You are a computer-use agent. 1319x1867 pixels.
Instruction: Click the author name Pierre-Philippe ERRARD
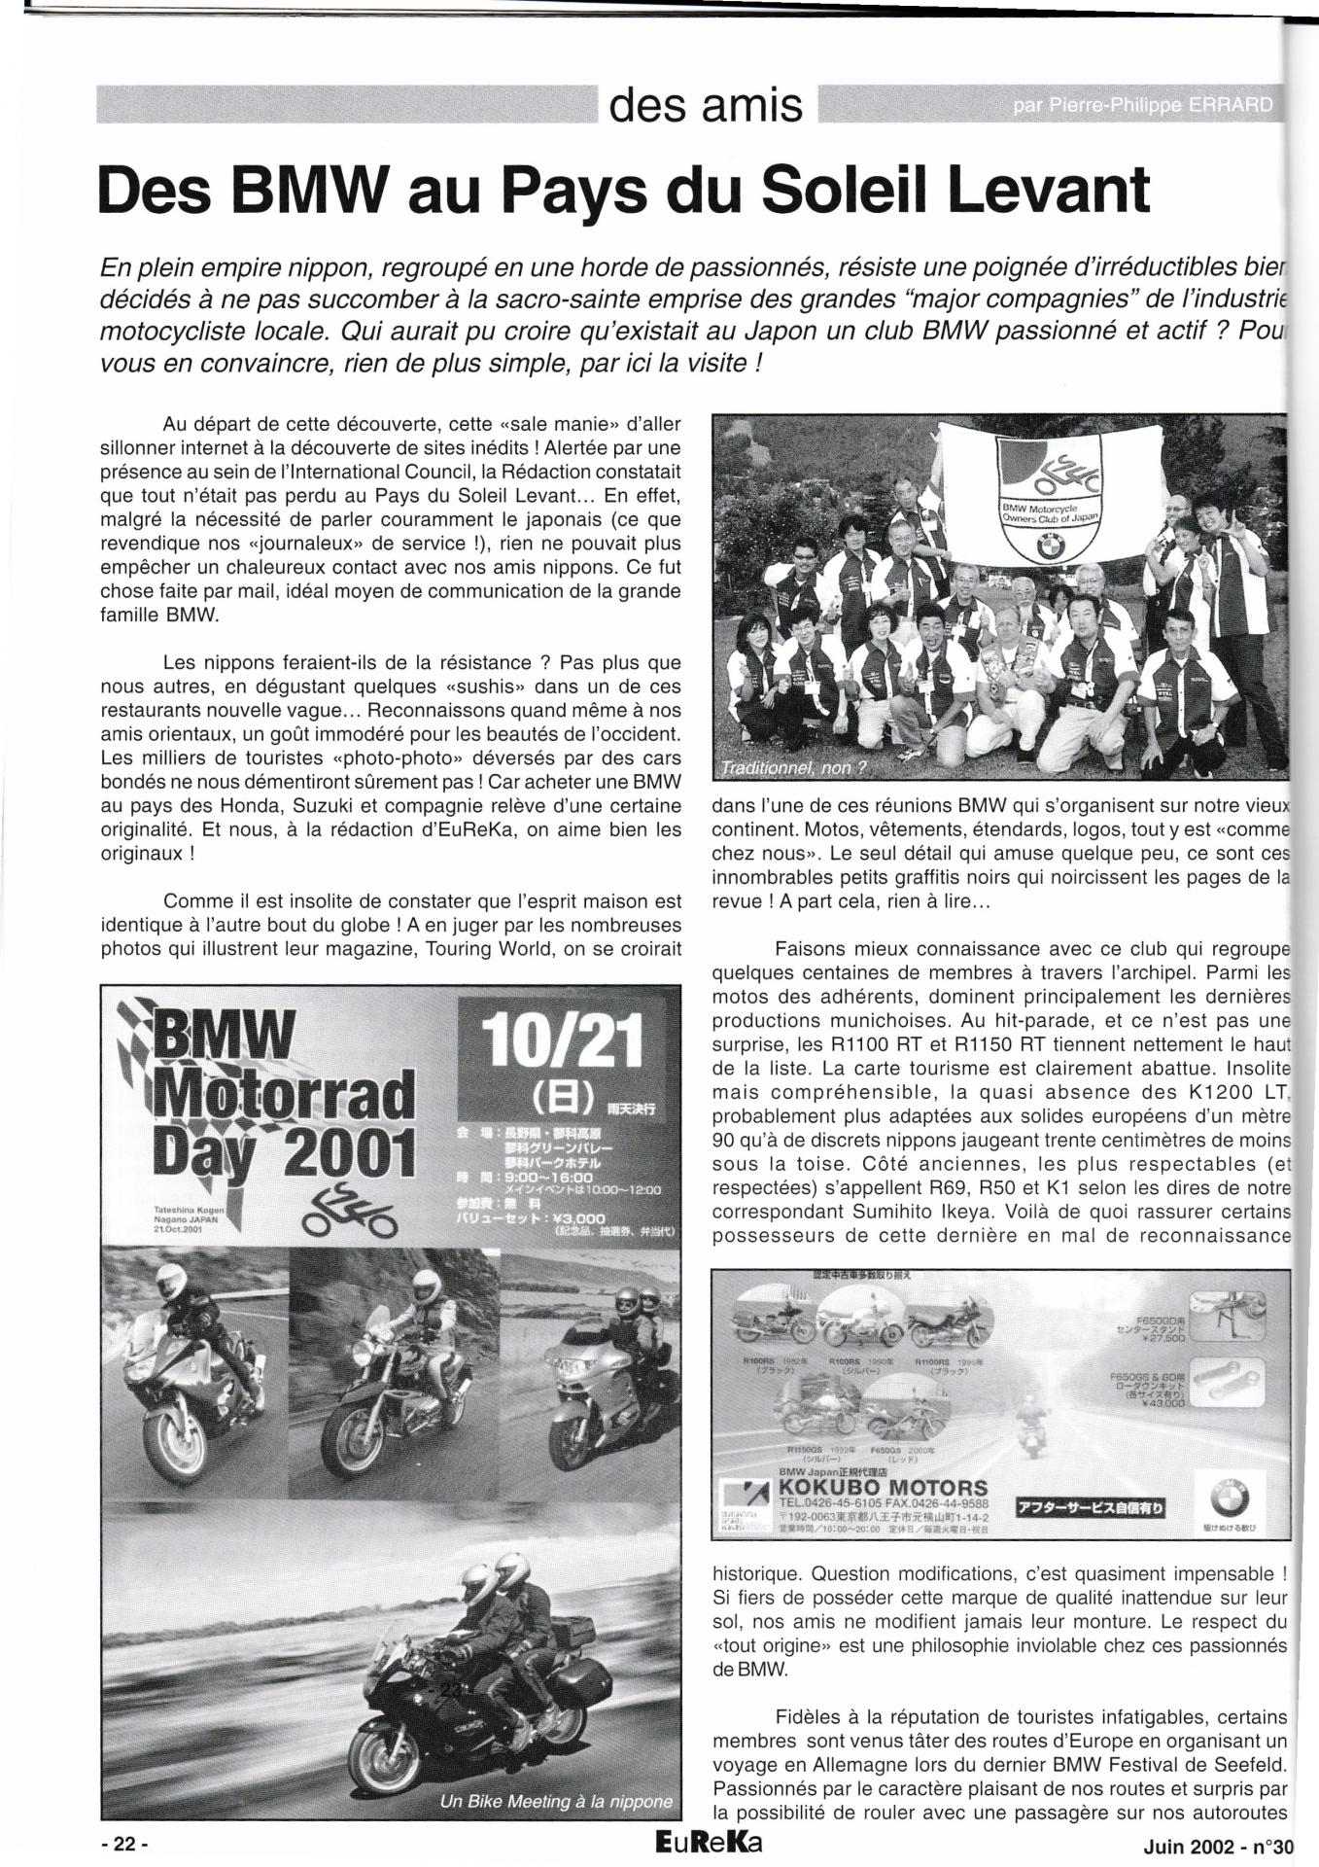click(x=1142, y=105)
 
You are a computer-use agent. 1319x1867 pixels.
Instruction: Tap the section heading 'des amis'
click(x=706, y=105)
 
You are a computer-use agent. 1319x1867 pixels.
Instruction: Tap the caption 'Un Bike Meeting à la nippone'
click(x=556, y=1801)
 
